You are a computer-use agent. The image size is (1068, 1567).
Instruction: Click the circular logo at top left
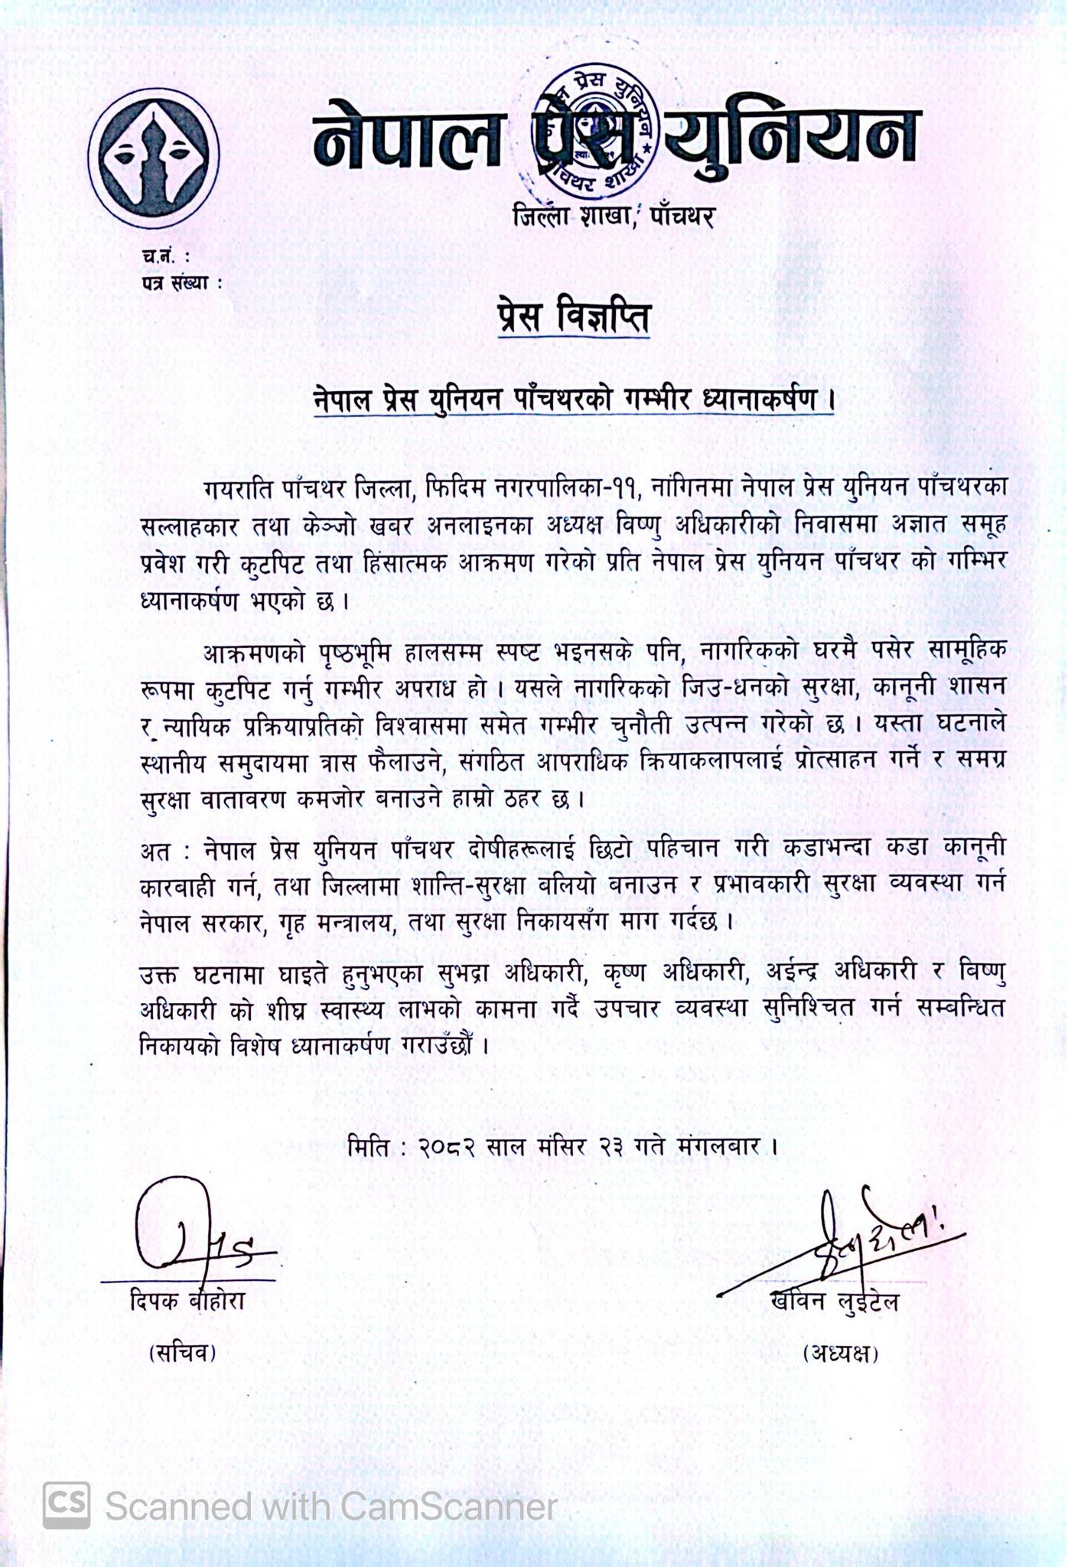pos(154,157)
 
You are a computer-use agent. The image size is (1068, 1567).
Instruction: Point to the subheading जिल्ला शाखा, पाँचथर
pos(614,217)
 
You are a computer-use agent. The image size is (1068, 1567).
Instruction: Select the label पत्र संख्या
pos(181,282)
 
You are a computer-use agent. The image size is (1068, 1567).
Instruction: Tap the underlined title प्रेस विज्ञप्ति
pos(573,318)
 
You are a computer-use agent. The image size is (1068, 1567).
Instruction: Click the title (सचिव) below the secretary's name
pos(182,1353)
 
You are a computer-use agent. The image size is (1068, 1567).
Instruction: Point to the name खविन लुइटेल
pos(835,1301)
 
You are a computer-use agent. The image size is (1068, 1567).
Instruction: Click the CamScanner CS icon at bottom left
pos(67,1506)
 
